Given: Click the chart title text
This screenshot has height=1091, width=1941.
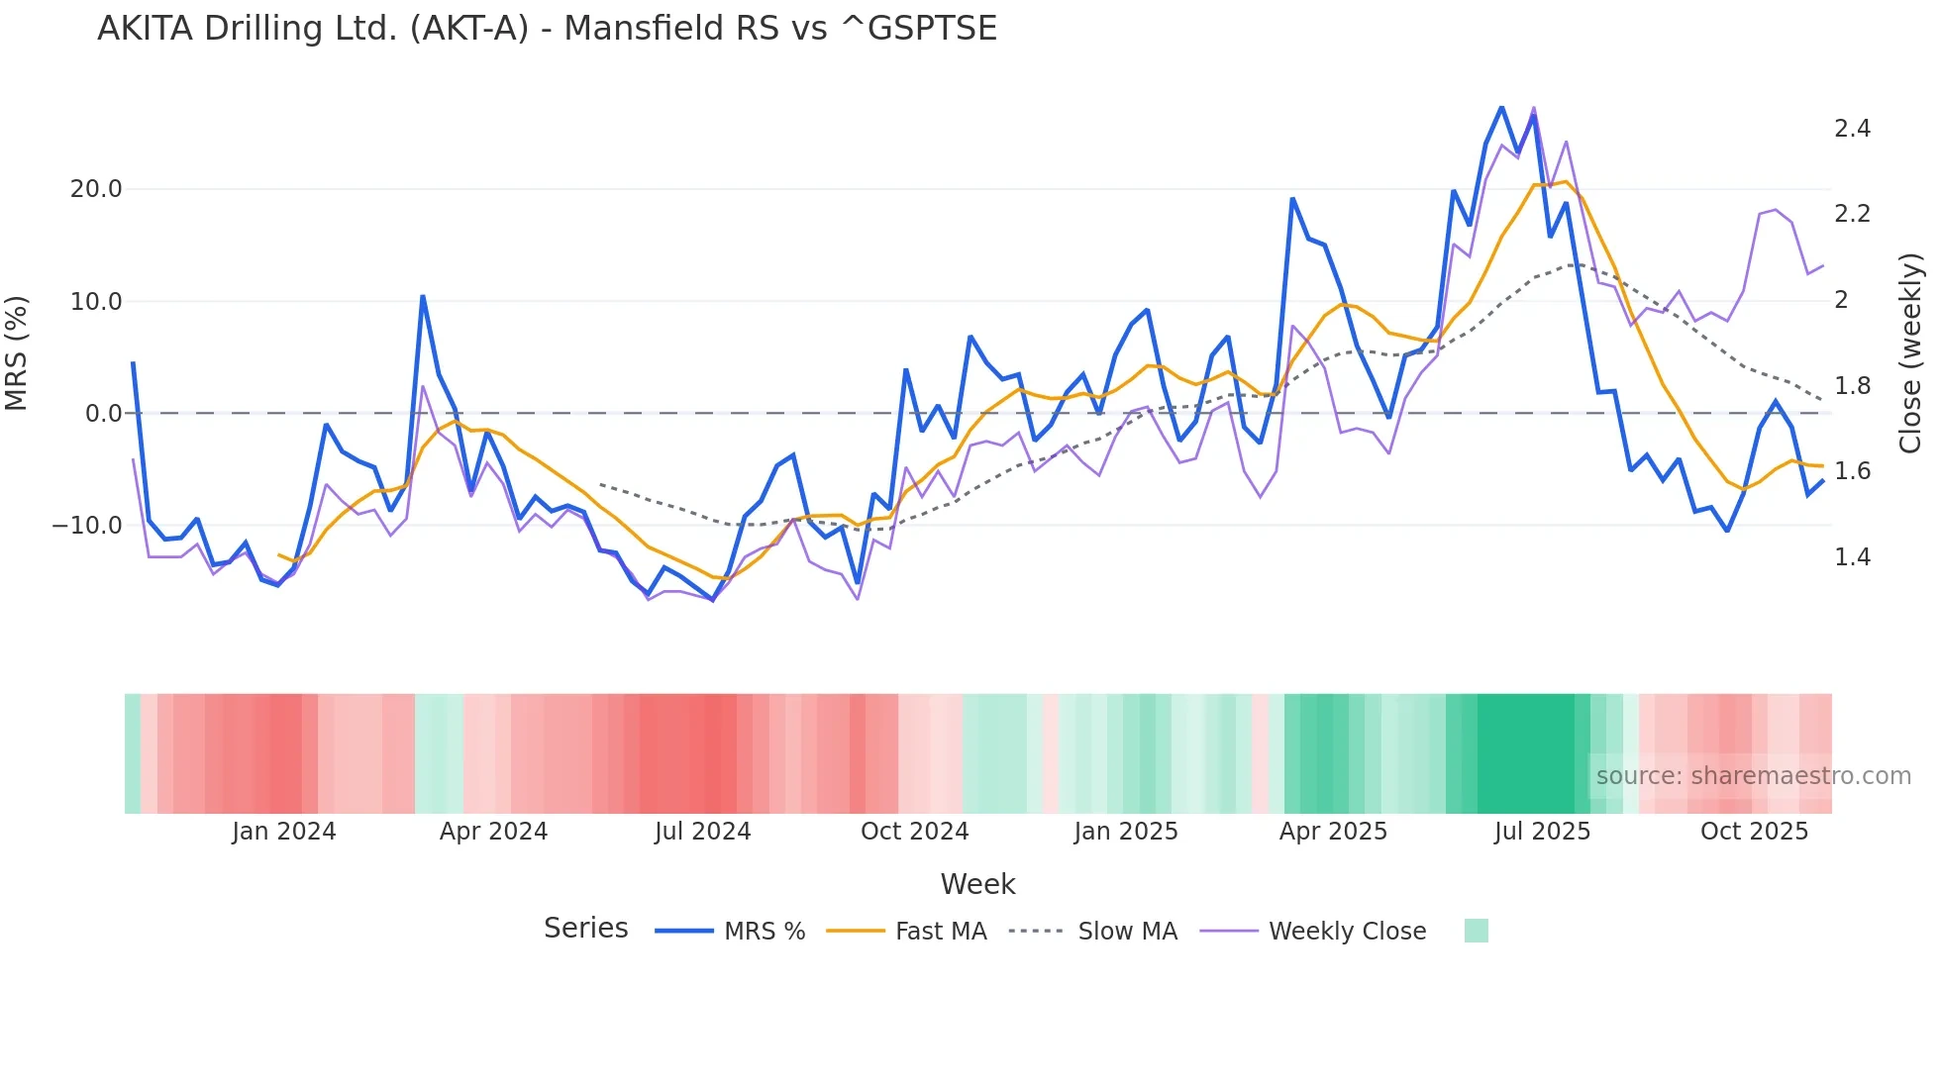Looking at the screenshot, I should (x=547, y=29).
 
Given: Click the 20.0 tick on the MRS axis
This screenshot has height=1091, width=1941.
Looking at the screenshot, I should (x=96, y=189).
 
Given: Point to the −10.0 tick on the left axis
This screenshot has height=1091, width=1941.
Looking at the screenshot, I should (x=87, y=526).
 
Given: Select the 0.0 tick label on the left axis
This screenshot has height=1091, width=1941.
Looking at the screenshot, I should (x=104, y=414).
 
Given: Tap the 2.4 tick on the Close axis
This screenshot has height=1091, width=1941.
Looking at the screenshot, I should (x=1852, y=129).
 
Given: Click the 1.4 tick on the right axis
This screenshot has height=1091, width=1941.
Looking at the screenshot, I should (x=1852, y=557).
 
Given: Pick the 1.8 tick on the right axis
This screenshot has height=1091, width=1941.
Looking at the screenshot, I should (x=1852, y=386).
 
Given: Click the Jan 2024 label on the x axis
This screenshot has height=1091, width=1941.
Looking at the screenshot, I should (x=284, y=832).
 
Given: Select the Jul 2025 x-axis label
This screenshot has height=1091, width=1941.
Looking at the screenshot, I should (x=1542, y=832).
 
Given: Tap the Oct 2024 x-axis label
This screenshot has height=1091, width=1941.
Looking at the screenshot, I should (x=914, y=832).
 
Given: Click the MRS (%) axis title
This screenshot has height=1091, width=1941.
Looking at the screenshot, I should (x=17, y=353).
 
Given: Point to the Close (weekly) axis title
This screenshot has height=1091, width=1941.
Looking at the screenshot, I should (x=1910, y=353).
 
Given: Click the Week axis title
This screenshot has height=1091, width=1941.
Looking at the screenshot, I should (x=977, y=884).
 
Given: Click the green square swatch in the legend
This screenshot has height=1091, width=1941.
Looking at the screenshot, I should (x=1476, y=931).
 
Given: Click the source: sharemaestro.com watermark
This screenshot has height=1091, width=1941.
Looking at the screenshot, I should (x=1753, y=776).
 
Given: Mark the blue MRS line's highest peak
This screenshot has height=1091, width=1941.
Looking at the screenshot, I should (x=1501, y=107).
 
